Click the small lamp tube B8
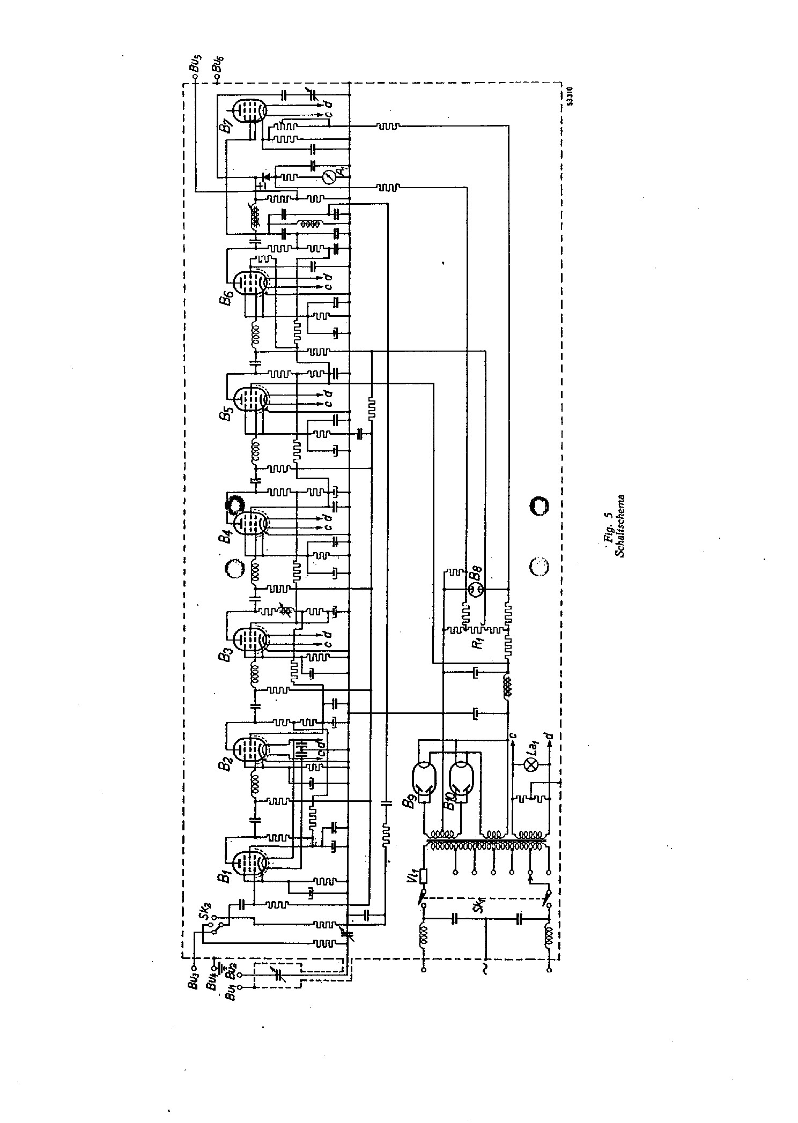[477, 590]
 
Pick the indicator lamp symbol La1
[533, 765]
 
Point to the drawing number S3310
[569, 96]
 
